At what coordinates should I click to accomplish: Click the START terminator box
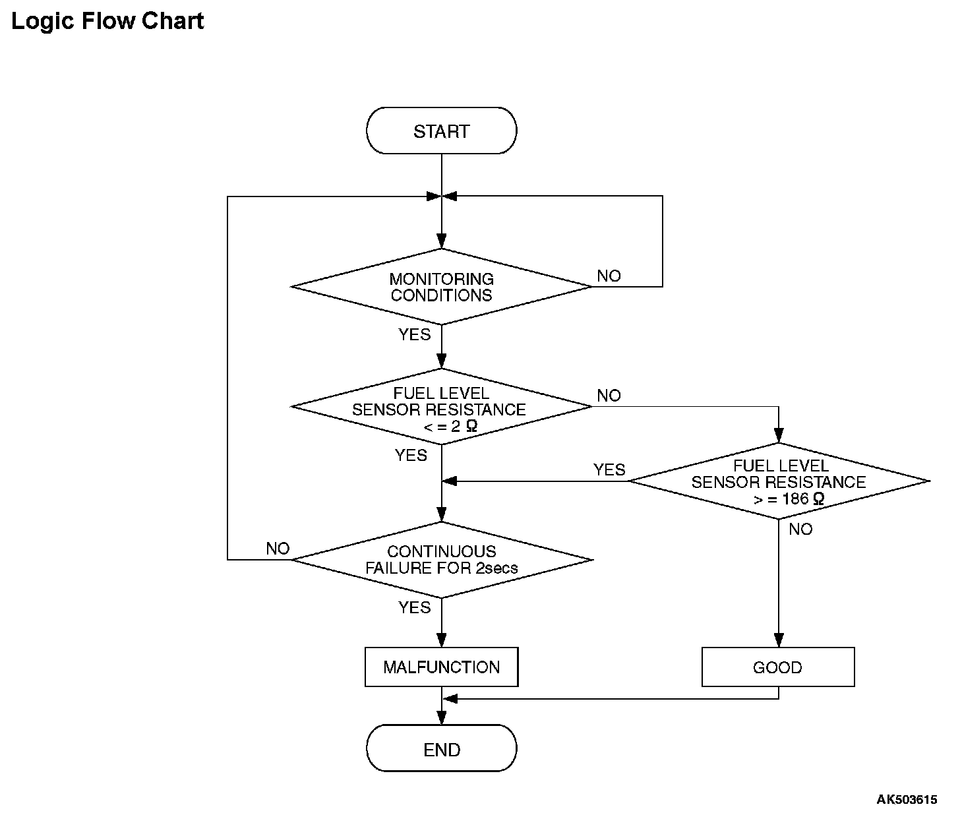pos(441,131)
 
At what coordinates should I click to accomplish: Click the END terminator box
pos(441,748)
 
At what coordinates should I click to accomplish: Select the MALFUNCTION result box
pos(441,667)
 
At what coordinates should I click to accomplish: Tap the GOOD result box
pos(778,667)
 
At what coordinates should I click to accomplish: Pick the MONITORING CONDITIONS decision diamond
pos(441,287)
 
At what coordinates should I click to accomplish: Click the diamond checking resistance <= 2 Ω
pos(441,407)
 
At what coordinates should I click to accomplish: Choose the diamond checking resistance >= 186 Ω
pos(779,481)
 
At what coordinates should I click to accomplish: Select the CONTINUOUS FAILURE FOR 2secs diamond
pos(441,560)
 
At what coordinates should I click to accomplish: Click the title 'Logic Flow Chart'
pos(107,21)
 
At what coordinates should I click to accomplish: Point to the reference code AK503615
pos(907,799)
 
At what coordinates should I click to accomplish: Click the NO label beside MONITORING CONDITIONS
pos(609,276)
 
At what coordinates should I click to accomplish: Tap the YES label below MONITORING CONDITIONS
pos(414,334)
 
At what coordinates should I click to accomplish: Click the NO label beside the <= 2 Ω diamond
pos(609,396)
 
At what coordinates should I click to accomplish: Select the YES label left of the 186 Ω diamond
pos(609,469)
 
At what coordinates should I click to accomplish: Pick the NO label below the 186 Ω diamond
pos(800,529)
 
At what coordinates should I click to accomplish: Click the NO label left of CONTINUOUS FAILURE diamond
pos(278,549)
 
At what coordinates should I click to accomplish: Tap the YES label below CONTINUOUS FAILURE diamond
pos(414,607)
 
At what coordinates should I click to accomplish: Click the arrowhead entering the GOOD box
pos(779,640)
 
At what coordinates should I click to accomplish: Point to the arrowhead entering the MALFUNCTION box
pos(442,640)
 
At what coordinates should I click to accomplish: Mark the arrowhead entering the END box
pos(442,717)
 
